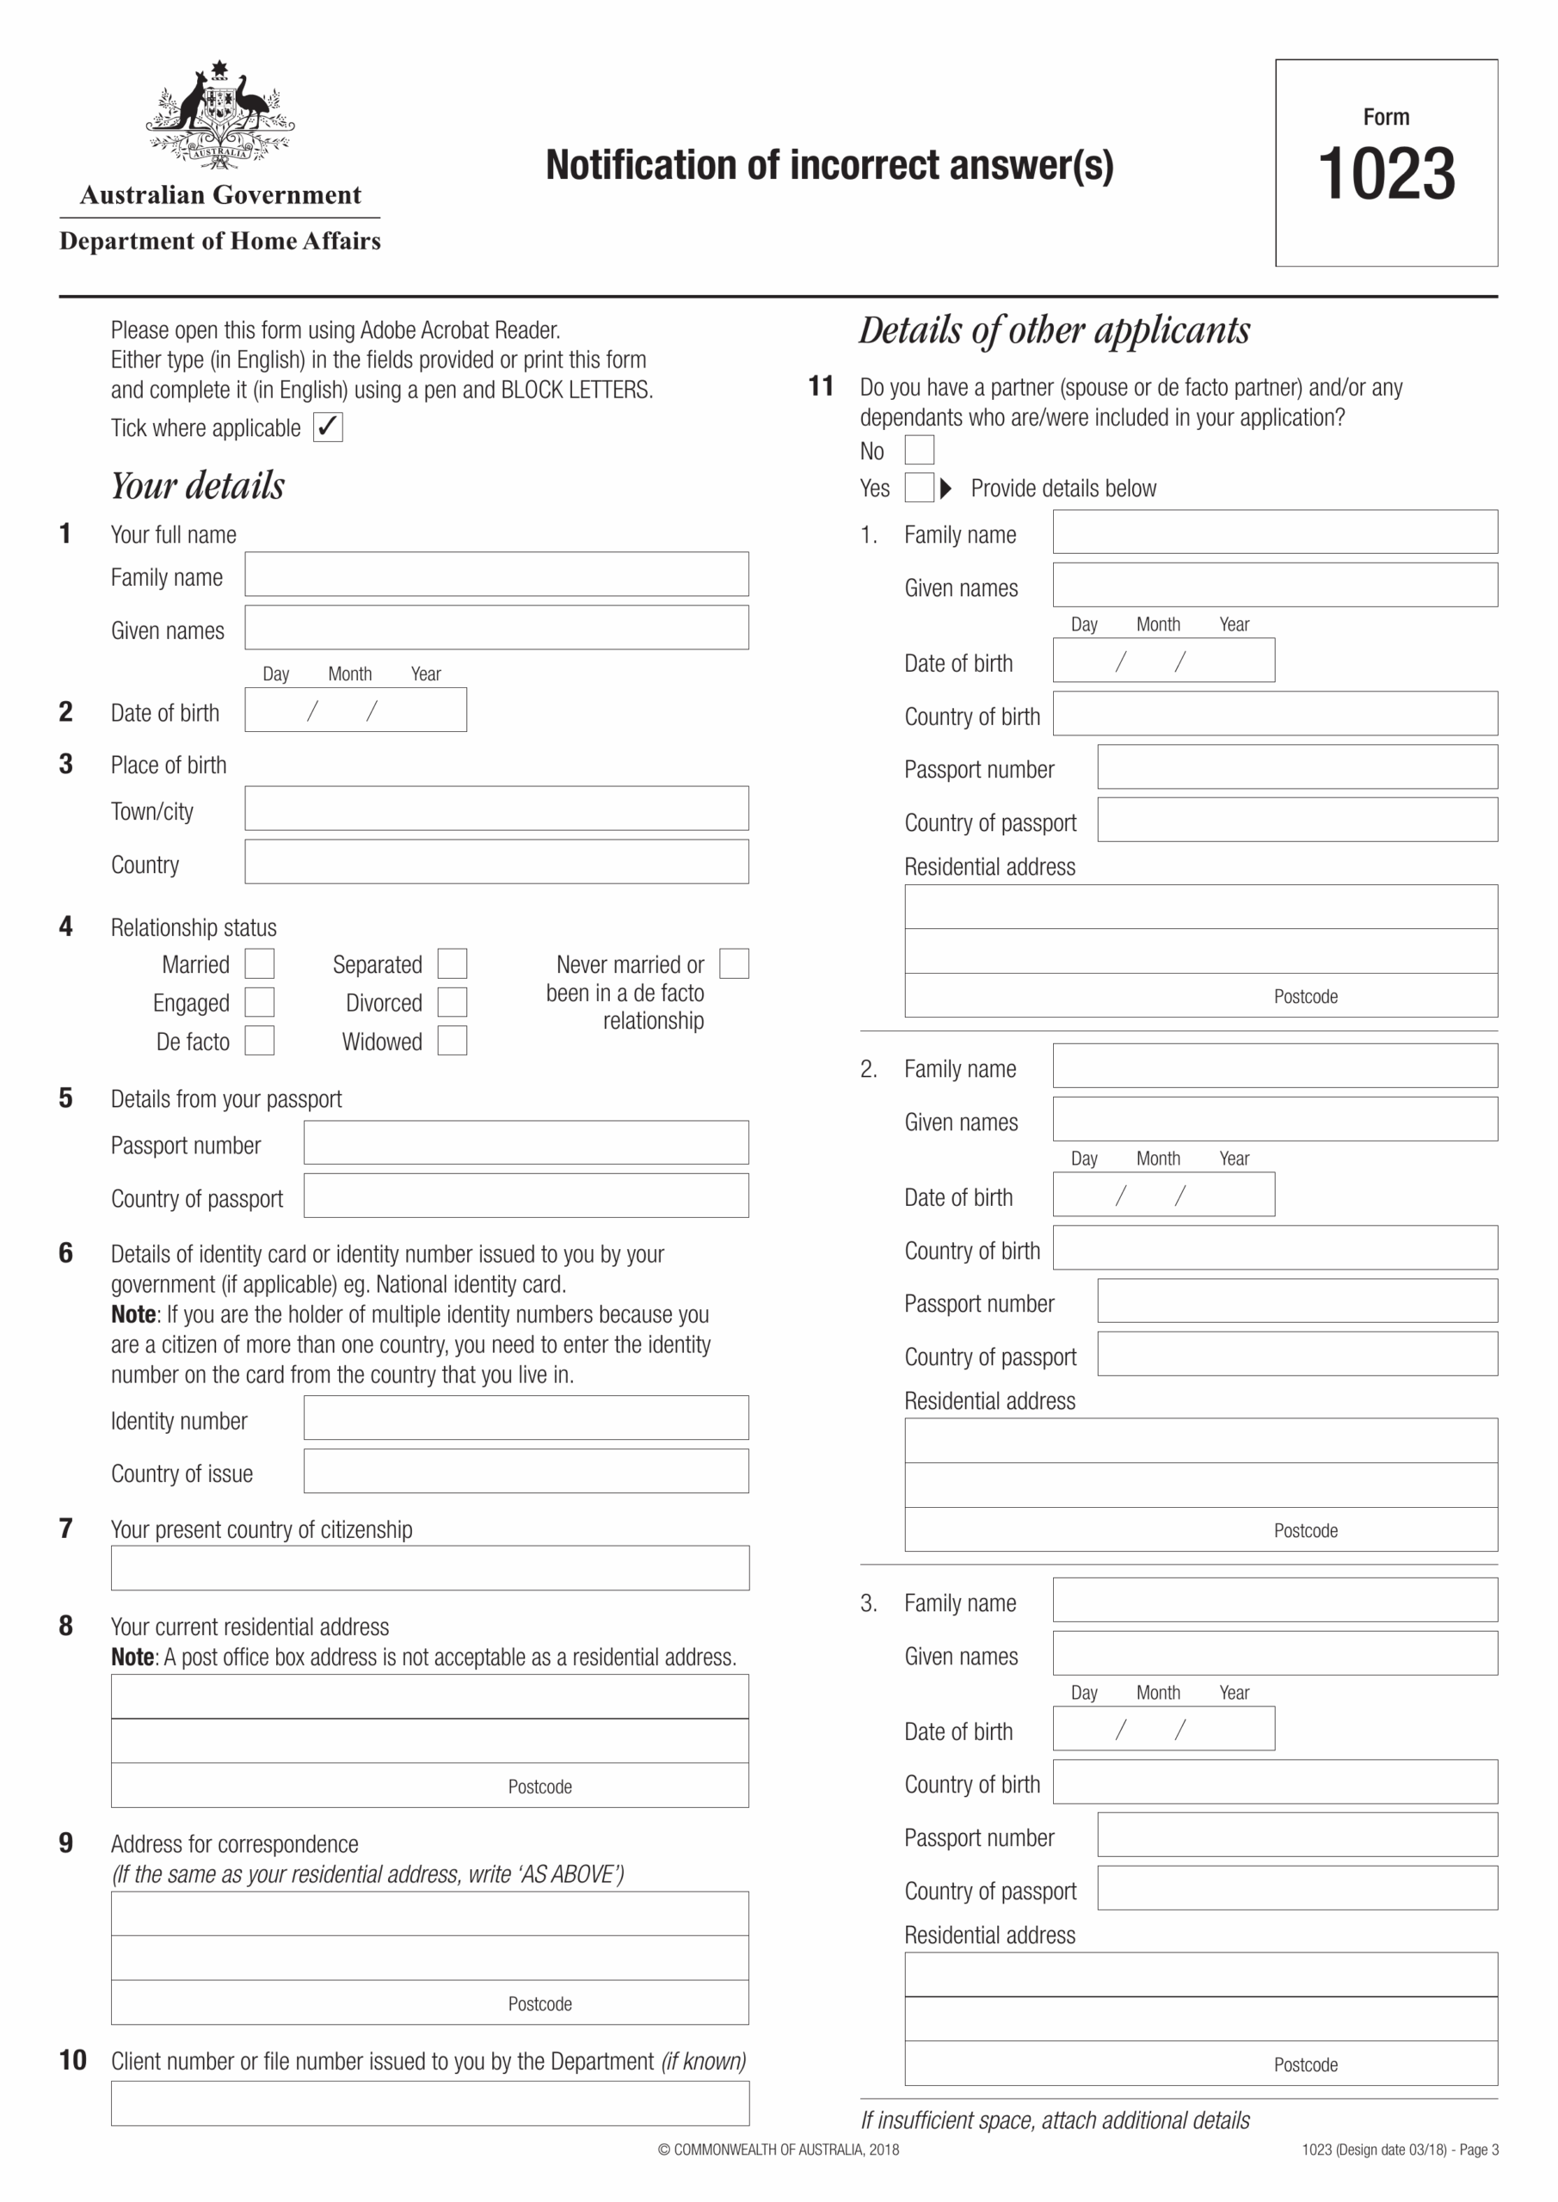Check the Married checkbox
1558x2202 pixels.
click(x=259, y=963)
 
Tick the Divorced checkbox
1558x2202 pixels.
click(x=452, y=1001)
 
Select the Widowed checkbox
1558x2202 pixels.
click(x=452, y=1041)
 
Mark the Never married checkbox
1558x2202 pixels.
click(x=734, y=963)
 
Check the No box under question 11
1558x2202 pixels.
click(x=919, y=450)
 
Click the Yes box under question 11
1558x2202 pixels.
click(x=919, y=487)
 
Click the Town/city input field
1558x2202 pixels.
click(x=496, y=809)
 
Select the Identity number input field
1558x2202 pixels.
click(x=526, y=1418)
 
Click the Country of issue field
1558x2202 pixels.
click(x=526, y=1470)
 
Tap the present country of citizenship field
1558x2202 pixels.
click(x=430, y=1568)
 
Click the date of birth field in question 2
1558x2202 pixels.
click(x=355, y=710)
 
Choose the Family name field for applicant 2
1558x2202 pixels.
click(x=1274, y=1066)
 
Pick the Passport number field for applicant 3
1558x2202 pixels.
click(x=1297, y=1834)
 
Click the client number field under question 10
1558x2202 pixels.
click(x=430, y=2103)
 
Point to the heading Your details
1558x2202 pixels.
click(x=198, y=485)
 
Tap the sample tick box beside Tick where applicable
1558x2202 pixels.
click(x=328, y=427)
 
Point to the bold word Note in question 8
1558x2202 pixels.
click(x=132, y=1657)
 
